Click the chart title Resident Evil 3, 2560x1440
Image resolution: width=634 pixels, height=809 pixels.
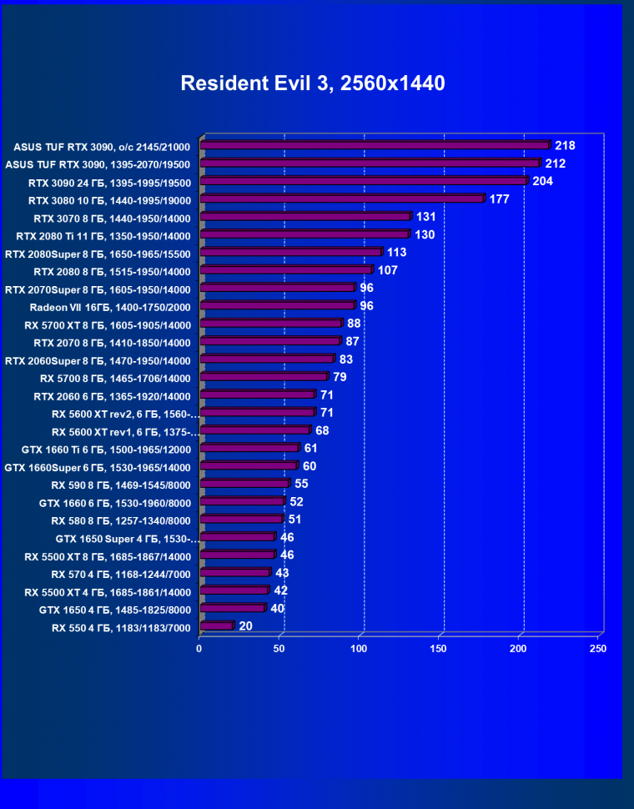[313, 83]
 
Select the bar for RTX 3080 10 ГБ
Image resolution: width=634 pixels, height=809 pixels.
[341, 199]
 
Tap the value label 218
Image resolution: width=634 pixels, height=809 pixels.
[566, 145]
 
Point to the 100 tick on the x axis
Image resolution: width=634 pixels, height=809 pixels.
[359, 648]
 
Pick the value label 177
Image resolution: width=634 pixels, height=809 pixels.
[499, 198]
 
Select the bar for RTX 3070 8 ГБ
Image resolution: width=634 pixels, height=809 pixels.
[305, 217]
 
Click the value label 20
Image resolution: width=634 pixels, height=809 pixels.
[245, 626]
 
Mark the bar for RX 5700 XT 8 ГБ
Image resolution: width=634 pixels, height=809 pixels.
[271, 324]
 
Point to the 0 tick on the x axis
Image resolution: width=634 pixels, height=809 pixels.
[199, 648]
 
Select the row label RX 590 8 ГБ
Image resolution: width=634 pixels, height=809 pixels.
[121, 485]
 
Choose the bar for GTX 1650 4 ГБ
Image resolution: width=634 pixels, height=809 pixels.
[233, 608]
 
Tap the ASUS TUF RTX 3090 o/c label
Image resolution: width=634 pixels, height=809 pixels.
[102, 147]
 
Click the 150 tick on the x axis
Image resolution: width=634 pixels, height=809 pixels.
[439, 648]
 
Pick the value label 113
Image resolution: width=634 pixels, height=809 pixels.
[396, 252]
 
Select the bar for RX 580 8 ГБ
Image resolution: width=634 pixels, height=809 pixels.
[242, 519]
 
